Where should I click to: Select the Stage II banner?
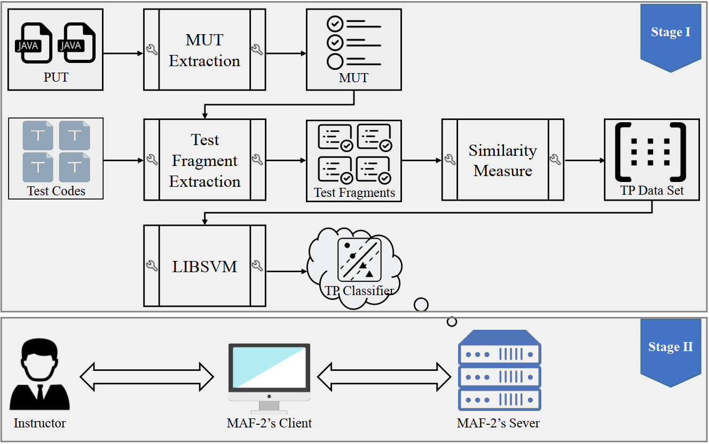[x=670, y=348]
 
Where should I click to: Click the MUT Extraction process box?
[x=204, y=50]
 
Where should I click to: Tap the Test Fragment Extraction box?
[x=204, y=160]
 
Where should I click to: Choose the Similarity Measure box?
[x=502, y=160]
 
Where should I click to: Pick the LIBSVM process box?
[x=204, y=266]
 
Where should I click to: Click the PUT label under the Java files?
[x=56, y=78]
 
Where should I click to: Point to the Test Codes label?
[x=56, y=191]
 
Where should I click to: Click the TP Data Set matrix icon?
[x=651, y=152]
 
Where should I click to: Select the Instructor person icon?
[x=40, y=376]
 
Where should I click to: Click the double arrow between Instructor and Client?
[x=147, y=376]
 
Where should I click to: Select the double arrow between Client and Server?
[x=384, y=376]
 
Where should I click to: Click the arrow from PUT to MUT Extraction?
[x=123, y=53]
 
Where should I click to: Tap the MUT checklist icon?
[x=353, y=43]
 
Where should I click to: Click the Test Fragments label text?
[x=354, y=193]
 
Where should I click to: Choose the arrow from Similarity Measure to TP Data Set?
[x=584, y=160]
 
